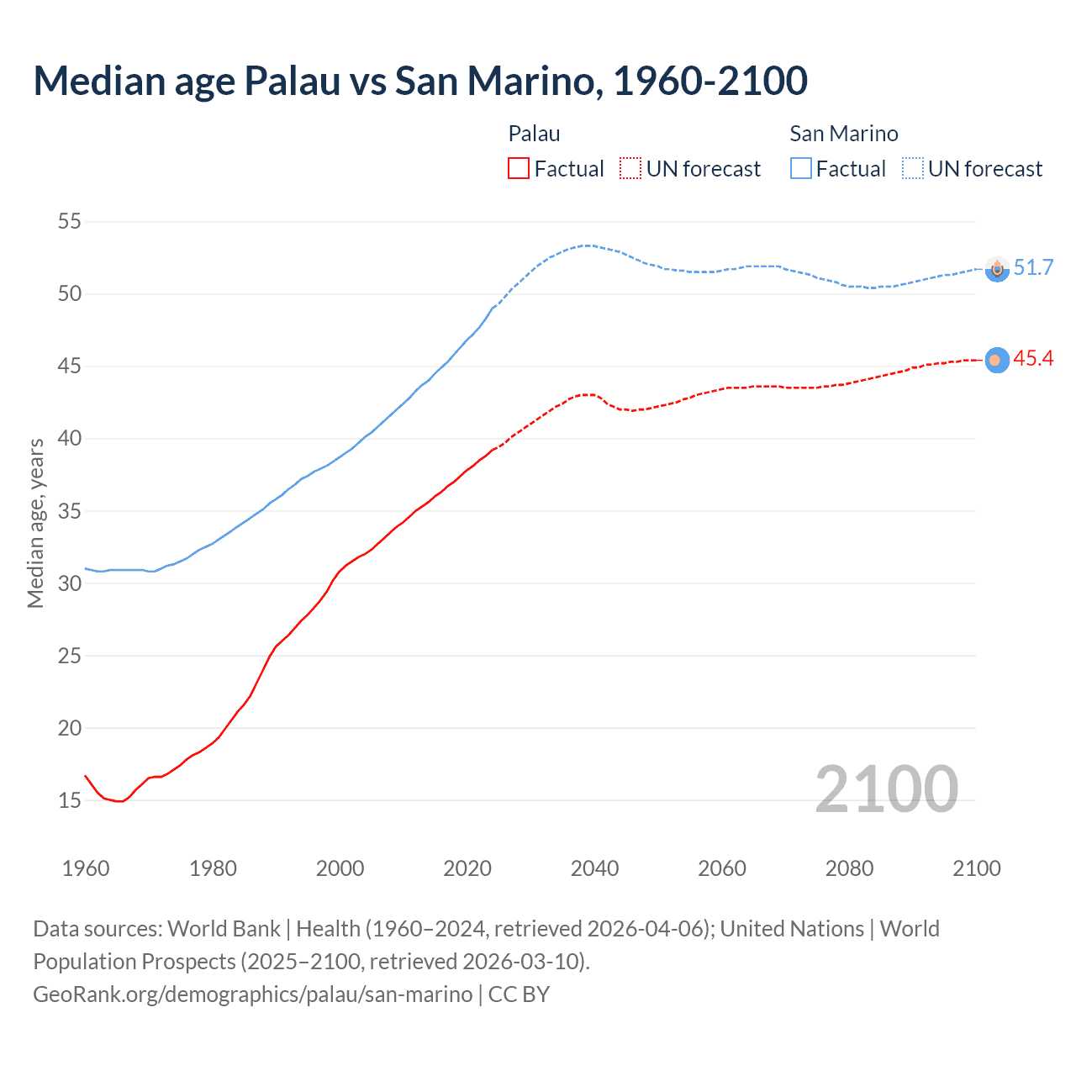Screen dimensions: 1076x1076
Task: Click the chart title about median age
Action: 420,81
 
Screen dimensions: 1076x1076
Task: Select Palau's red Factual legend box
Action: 519,169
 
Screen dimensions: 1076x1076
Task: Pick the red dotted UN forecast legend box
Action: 630,169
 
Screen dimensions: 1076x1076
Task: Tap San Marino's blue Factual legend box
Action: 800,169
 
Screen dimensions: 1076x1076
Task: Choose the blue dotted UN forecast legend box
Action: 912,169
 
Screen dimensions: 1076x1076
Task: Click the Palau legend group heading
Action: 534,134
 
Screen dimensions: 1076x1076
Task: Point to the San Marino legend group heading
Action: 843,134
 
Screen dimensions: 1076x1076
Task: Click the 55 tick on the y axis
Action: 69,222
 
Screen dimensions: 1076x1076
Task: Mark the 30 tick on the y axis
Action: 69,583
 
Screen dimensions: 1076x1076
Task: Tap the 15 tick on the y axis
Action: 69,800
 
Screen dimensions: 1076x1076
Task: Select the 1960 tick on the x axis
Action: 86,868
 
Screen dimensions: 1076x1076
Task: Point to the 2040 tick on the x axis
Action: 594,868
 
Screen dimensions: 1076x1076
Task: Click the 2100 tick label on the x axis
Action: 976,868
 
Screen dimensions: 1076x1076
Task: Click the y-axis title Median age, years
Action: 35,523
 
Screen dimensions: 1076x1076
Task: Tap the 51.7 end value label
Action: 1033,267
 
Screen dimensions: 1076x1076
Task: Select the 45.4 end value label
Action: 1033,359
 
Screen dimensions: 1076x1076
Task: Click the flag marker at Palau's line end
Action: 996,360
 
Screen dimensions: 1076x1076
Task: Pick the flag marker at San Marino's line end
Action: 996,269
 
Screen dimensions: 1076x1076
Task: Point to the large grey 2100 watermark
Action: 886,789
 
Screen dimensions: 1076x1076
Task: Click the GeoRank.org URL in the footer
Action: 252,994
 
